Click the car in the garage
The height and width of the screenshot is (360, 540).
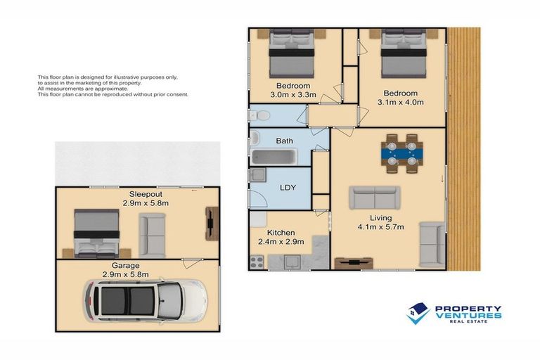pyautogui.click(x=145, y=302)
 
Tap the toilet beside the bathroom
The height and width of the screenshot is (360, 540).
pyautogui.click(x=260, y=115)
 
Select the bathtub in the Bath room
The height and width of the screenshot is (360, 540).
pyautogui.click(x=274, y=157)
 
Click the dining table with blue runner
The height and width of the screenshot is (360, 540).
pyautogui.click(x=402, y=154)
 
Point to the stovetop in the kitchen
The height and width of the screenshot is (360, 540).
pyautogui.click(x=257, y=262)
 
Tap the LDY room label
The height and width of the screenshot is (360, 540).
pyautogui.click(x=288, y=188)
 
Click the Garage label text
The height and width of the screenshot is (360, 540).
pyautogui.click(x=125, y=266)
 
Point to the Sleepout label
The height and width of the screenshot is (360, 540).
pyautogui.click(x=146, y=194)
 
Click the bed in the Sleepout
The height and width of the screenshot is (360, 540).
pyautogui.click(x=97, y=233)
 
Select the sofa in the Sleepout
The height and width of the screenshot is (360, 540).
pyautogui.click(x=152, y=236)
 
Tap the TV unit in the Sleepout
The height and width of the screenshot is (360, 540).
pyautogui.click(x=212, y=223)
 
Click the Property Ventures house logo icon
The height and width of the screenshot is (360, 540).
pyautogui.click(x=418, y=314)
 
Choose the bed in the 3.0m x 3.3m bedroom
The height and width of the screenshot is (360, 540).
pyautogui.click(x=292, y=53)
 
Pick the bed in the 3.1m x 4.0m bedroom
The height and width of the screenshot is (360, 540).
pyautogui.click(x=404, y=53)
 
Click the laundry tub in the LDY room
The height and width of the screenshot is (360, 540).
pyautogui.click(x=258, y=175)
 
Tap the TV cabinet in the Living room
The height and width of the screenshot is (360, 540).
pyautogui.click(x=354, y=263)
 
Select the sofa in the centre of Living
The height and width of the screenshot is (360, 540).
pyautogui.click(x=375, y=198)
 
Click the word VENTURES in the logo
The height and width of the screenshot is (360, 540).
pyautogui.click(x=468, y=315)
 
